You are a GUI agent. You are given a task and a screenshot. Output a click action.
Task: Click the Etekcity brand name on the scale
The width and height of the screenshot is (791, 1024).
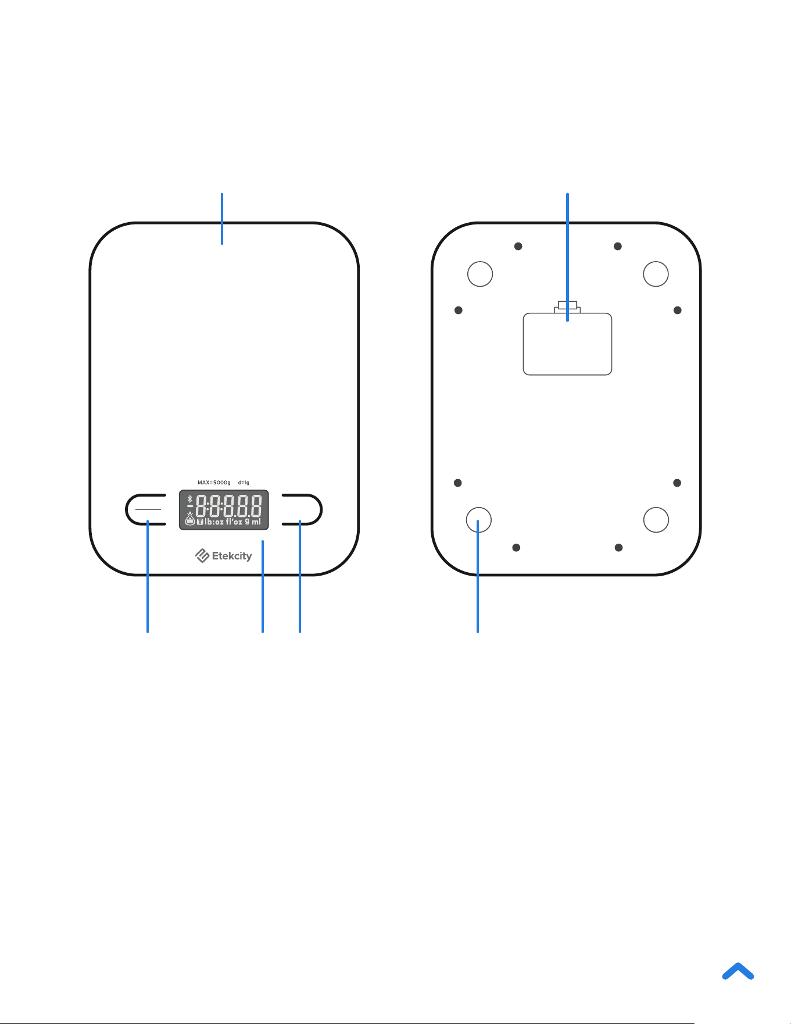click(x=232, y=556)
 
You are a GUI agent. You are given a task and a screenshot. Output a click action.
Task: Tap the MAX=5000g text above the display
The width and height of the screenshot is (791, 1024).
click(x=214, y=483)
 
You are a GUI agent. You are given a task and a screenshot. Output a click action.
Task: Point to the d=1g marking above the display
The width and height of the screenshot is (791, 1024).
click(x=244, y=483)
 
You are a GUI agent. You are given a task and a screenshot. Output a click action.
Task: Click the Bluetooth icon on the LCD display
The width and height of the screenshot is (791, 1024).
click(x=189, y=499)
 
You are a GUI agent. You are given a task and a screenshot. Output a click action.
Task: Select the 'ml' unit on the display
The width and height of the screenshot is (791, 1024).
click(x=256, y=522)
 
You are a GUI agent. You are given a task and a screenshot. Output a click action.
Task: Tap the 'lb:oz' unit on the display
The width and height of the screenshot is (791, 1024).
click(x=214, y=522)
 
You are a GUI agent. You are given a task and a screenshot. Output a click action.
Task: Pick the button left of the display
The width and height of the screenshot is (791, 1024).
click(x=146, y=509)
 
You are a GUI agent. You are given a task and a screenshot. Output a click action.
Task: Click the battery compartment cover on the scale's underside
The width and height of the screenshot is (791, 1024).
click(x=567, y=344)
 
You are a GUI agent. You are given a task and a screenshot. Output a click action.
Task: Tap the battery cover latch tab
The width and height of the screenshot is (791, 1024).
click(x=567, y=306)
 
